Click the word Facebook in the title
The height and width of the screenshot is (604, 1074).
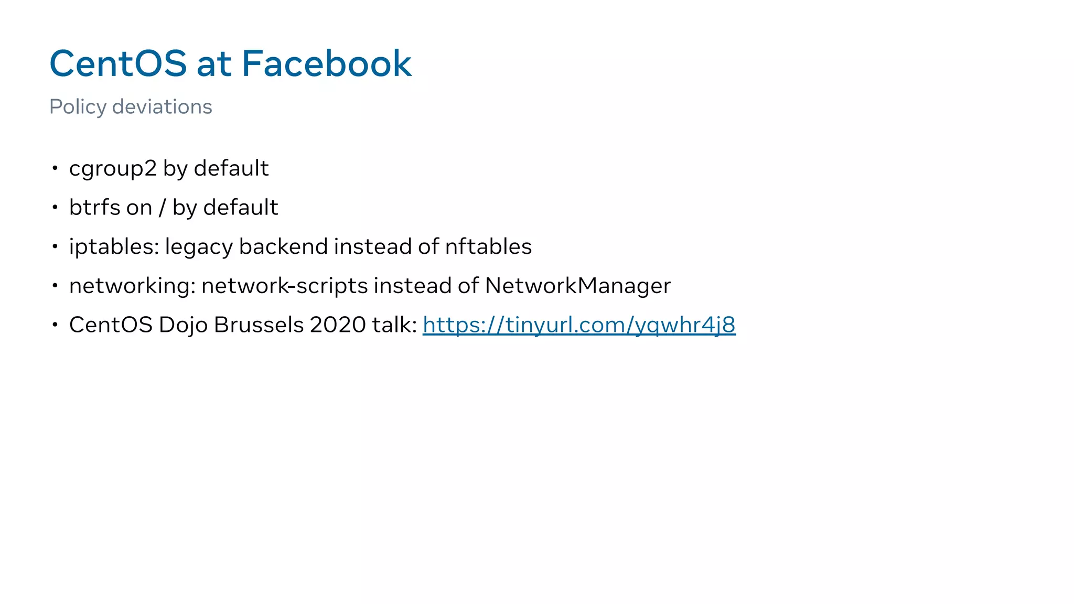pyautogui.click(x=326, y=63)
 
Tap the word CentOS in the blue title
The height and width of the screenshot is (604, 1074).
pyautogui.click(x=118, y=63)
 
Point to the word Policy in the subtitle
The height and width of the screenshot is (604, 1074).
pyautogui.click(x=78, y=107)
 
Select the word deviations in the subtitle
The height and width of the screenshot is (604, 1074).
pyautogui.click(x=162, y=107)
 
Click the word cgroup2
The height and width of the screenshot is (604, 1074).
pyautogui.click(x=113, y=169)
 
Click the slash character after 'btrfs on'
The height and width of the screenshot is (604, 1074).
pyautogui.click(x=162, y=208)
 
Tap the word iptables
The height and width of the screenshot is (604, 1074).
pyautogui.click(x=114, y=247)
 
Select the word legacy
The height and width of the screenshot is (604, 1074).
pyautogui.click(x=199, y=247)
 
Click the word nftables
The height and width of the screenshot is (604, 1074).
pyautogui.click(x=488, y=246)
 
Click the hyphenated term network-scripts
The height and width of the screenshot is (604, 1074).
pyautogui.click(x=285, y=286)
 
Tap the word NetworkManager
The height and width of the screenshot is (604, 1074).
pyautogui.click(x=577, y=286)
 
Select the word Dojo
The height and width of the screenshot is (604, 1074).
pyautogui.click(x=183, y=325)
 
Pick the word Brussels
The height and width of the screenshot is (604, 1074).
pyautogui.click(x=259, y=325)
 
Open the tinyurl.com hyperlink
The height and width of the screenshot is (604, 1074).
pyautogui.click(x=579, y=325)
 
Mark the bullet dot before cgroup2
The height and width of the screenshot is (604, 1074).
pyautogui.click(x=55, y=168)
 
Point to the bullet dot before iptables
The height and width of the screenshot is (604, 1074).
pyautogui.click(x=55, y=246)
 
